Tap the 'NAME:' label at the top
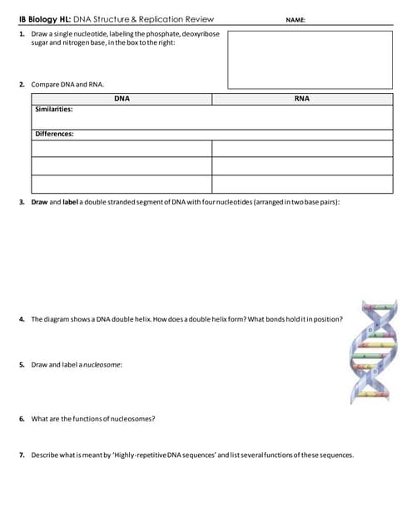click(295, 19)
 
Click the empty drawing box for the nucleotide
click(310, 59)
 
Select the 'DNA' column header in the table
click(122, 99)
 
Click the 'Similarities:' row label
click(53, 109)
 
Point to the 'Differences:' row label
click(54, 134)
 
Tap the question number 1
click(21, 33)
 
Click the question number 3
click(21, 202)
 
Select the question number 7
click(21, 455)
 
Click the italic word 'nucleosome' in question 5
click(102, 365)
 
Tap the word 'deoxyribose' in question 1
click(200, 33)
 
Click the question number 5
click(21, 365)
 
